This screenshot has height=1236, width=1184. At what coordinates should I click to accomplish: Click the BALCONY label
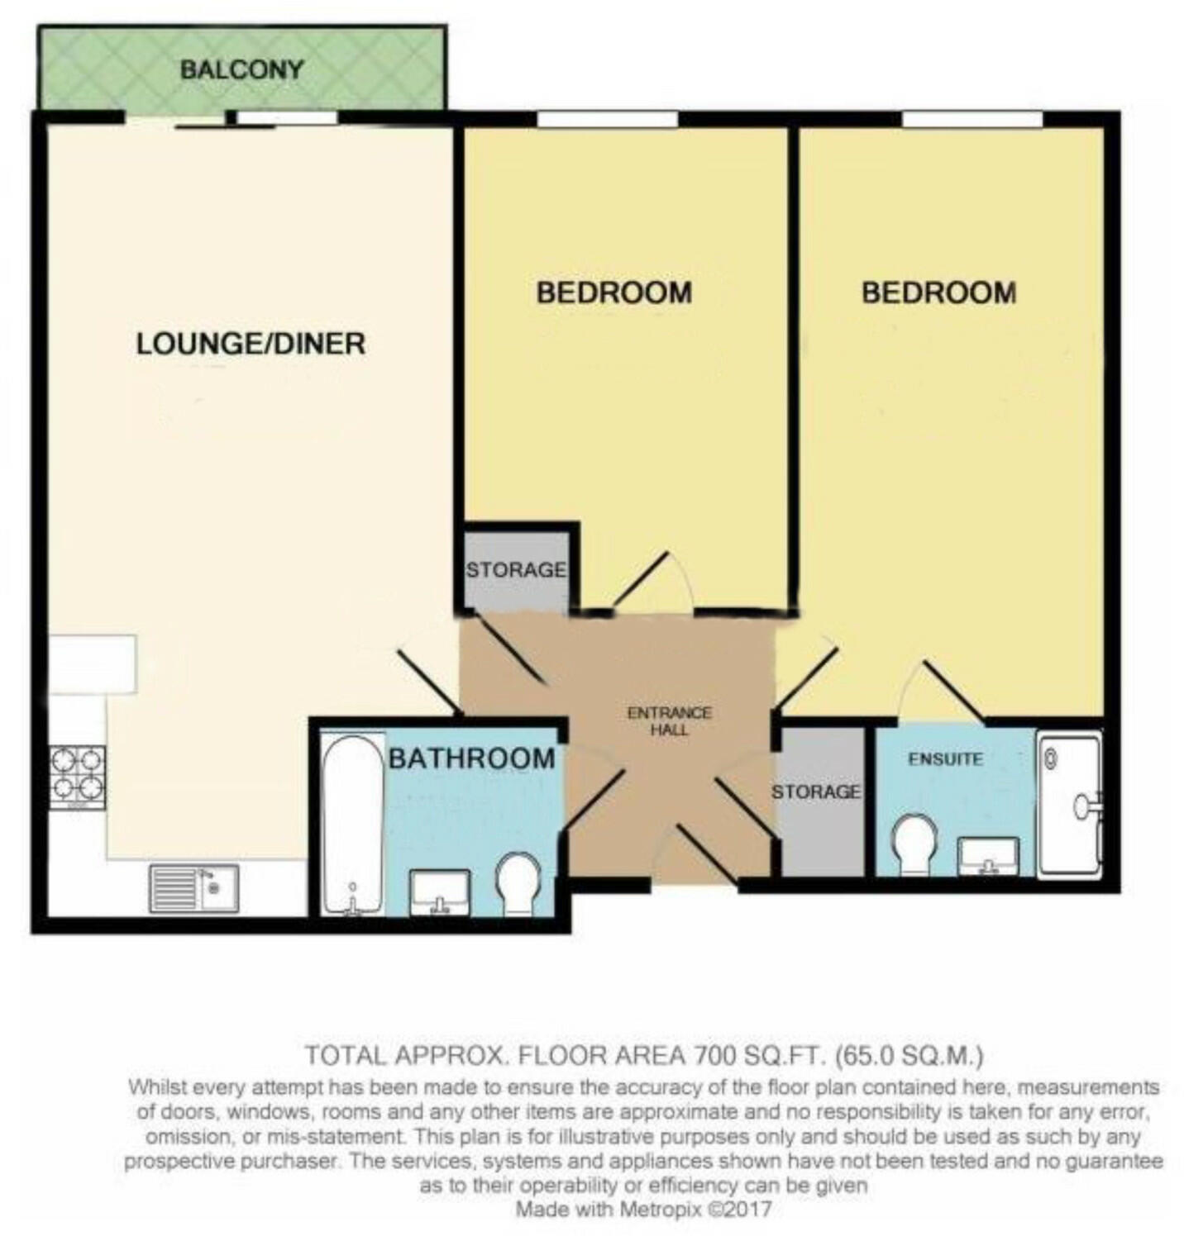click(241, 69)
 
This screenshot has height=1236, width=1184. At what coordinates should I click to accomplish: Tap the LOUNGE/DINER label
click(251, 344)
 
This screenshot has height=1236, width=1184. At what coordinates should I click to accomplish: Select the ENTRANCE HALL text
click(669, 721)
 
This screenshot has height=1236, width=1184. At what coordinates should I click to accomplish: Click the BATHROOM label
click(471, 758)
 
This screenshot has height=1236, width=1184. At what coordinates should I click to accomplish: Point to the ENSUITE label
click(945, 758)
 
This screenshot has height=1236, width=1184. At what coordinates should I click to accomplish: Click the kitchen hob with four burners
click(78, 777)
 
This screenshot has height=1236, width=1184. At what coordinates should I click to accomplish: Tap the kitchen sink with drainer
click(193, 888)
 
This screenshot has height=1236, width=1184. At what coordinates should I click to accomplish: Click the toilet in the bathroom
click(518, 883)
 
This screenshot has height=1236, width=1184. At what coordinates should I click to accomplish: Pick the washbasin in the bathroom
click(440, 893)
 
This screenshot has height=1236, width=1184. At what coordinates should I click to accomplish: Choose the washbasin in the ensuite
click(988, 856)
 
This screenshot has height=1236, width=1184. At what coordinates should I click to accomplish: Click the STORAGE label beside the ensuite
click(815, 792)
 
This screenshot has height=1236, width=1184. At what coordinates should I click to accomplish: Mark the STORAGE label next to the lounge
click(516, 570)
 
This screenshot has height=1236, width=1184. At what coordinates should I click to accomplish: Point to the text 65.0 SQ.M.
click(909, 1055)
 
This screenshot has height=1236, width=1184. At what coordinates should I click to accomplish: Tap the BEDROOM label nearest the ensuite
click(938, 292)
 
